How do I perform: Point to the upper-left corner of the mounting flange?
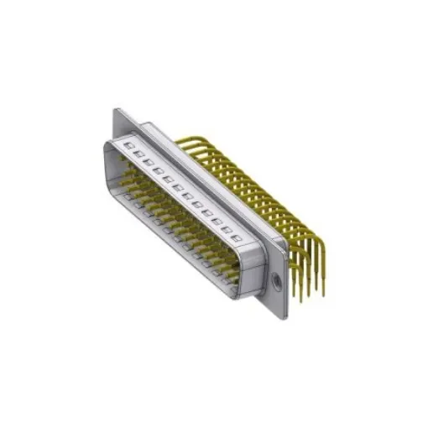(x=115, y=107)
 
